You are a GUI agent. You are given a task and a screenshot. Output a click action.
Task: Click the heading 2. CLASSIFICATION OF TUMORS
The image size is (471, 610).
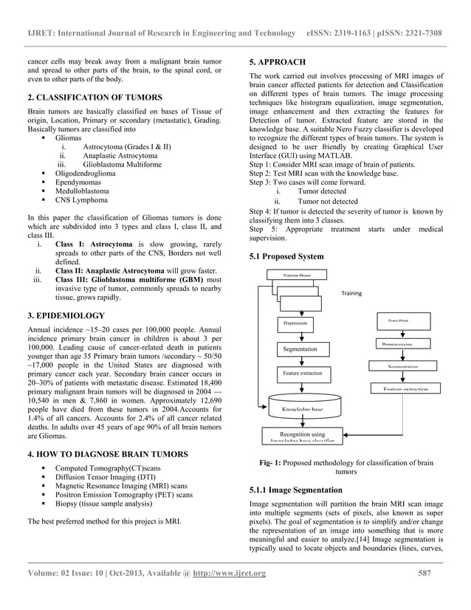[90, 97]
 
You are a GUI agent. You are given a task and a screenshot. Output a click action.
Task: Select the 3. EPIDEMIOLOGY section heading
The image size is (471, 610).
[66, 315]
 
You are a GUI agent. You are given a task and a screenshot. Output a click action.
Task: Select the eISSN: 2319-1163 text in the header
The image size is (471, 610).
[340, 33]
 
